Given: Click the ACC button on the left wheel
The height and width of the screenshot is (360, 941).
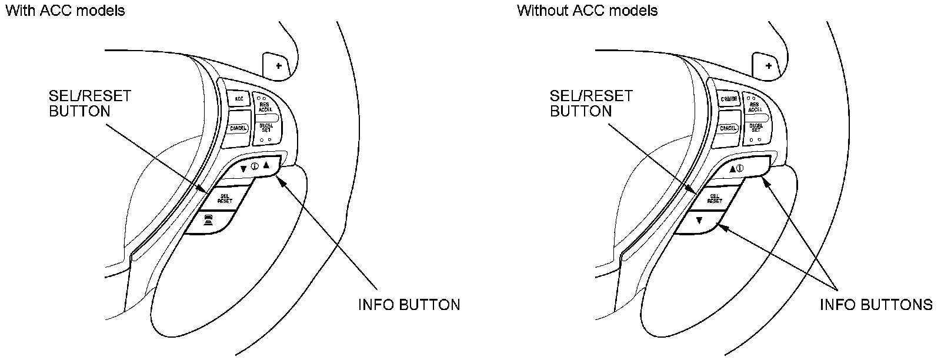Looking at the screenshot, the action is pos(239,99).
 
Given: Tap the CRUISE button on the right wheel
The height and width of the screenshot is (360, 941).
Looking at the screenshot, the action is pos(729,99).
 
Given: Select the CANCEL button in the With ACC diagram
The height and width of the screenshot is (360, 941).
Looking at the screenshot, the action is pos(238,128).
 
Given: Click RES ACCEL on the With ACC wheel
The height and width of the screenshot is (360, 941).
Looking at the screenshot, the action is pos(265,107).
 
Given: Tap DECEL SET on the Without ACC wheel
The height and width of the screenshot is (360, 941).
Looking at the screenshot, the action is pos(756,128).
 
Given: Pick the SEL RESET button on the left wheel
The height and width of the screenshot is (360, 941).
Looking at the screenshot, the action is pos(225,198).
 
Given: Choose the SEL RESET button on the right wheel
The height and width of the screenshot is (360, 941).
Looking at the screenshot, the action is pos(715,198).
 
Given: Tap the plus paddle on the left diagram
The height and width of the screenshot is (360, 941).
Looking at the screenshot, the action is pos(278,66).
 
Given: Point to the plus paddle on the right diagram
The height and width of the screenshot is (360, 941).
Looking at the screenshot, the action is pos(768,66).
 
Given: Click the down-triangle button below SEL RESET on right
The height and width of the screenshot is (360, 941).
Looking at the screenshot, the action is pos(699,222).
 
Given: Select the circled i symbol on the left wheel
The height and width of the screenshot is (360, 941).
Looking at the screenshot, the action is pos(255,167).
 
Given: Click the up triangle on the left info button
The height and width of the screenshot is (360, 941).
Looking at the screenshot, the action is pos(266,165).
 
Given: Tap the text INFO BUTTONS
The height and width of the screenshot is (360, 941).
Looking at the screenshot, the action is pos(876,304).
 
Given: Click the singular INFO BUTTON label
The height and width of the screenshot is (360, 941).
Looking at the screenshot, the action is pos(409,304).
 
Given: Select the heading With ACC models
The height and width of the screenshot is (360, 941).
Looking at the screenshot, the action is pos(65,11).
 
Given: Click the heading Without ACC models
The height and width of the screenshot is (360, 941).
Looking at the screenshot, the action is pos(587,11).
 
